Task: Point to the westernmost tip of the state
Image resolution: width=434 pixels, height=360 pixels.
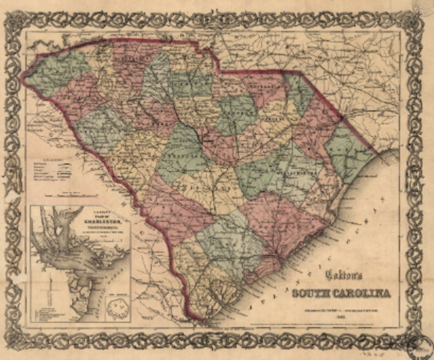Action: (x=22, y=74)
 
